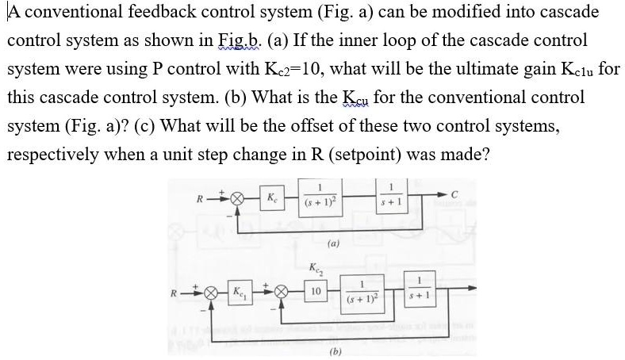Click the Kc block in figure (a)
(271, 196)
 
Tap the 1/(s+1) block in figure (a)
(390, 195)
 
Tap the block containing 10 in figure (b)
(316, 293)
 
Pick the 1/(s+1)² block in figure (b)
(362, 293)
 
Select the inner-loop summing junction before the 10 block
(278, 293)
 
